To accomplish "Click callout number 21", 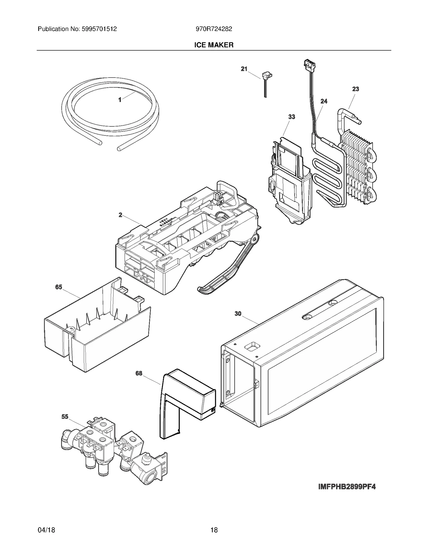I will pos(244,69).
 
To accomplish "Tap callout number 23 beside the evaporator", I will pos(355,89).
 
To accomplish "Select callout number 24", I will pos(324,101).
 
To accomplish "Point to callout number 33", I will pos(292,117).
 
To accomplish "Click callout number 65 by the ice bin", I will pos(59,287).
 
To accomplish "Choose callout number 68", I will pos(139,373).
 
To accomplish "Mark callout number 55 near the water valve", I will pos(65,417).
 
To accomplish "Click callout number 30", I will pos(238,314).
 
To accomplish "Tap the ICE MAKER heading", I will pos(214,45).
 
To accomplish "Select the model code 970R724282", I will pos(214,29).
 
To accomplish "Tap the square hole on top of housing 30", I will pos(251,347).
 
